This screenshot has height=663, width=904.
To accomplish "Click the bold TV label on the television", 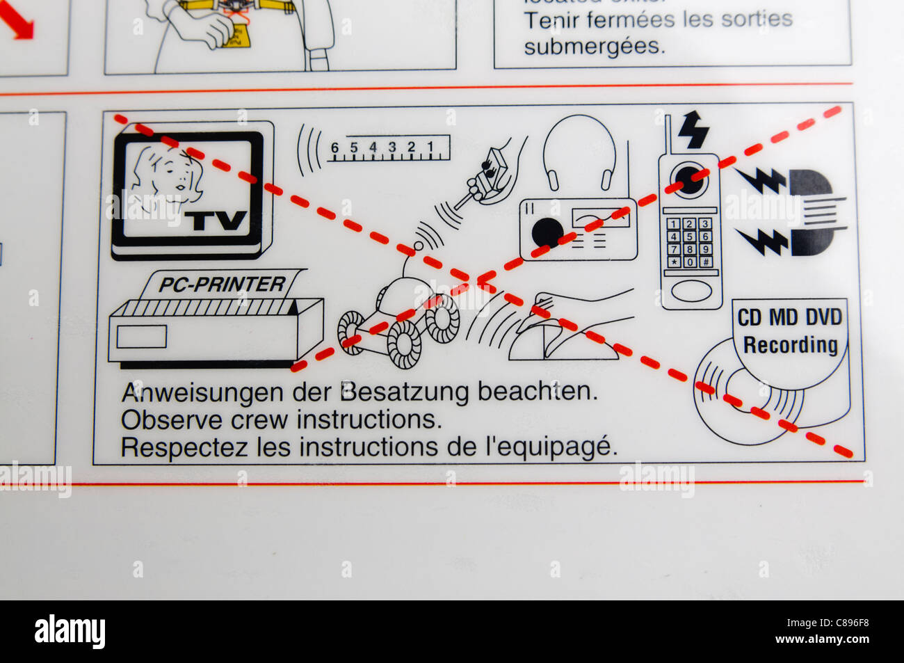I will (216, 221).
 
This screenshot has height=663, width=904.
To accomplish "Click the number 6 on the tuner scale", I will (334, 147).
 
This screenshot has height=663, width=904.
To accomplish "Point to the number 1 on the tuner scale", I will (430, 147).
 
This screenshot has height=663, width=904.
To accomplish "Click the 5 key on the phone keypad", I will (689, 237).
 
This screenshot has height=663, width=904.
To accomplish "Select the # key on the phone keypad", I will (704, 262).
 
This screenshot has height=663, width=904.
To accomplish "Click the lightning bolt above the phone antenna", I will (693, 129).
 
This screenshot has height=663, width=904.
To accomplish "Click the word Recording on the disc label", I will (790, 345).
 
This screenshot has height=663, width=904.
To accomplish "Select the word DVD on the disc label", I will (823, 318).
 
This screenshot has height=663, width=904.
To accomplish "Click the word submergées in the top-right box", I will (594, 47).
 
